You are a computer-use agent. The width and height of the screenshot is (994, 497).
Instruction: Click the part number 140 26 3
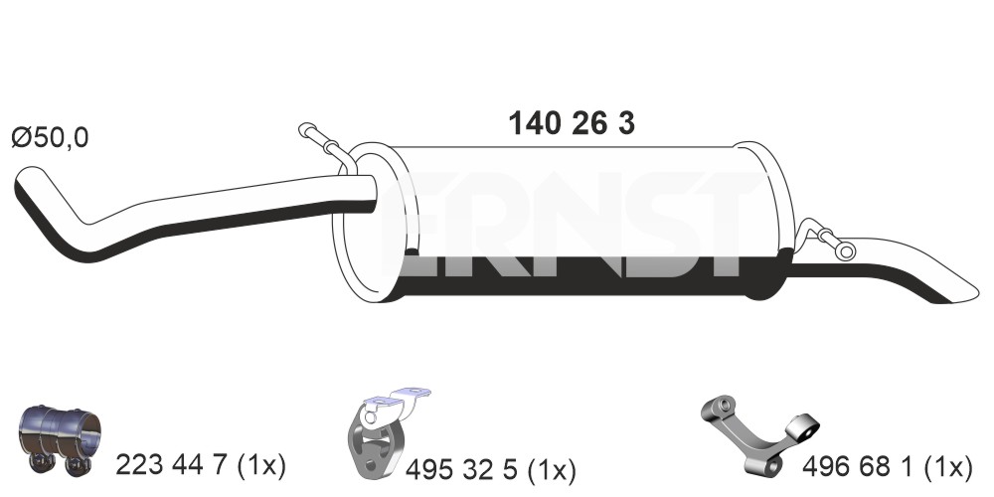(x=572, y=123)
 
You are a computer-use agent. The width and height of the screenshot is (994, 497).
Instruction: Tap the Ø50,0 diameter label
(x=50, y=138)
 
